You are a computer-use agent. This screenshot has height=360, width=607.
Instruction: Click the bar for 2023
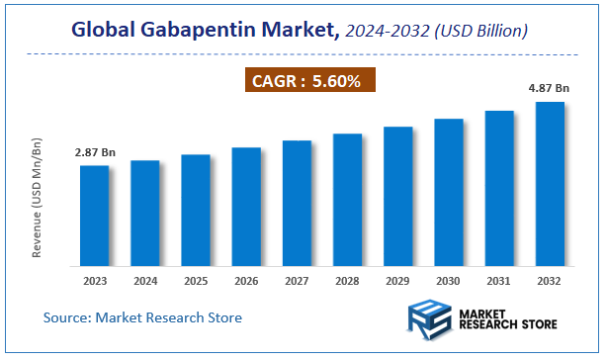(94, 216)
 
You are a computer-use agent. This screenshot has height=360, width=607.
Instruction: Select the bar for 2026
(246, 207)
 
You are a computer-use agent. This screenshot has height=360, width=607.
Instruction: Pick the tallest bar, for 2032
(550, 184)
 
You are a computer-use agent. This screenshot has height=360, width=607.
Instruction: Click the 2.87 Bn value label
(94, 153)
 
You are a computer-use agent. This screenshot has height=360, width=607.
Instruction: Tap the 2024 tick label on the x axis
(144, 281)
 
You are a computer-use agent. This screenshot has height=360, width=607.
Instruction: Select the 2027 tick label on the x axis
(297, 281)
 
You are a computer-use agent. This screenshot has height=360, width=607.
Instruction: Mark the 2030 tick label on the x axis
(449, 281)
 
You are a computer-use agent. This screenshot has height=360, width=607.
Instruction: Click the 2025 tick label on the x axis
(196, 281)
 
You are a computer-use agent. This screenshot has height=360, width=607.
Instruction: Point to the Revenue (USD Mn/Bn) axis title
(37, 199)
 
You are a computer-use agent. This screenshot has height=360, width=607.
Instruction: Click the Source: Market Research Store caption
(142, 317)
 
